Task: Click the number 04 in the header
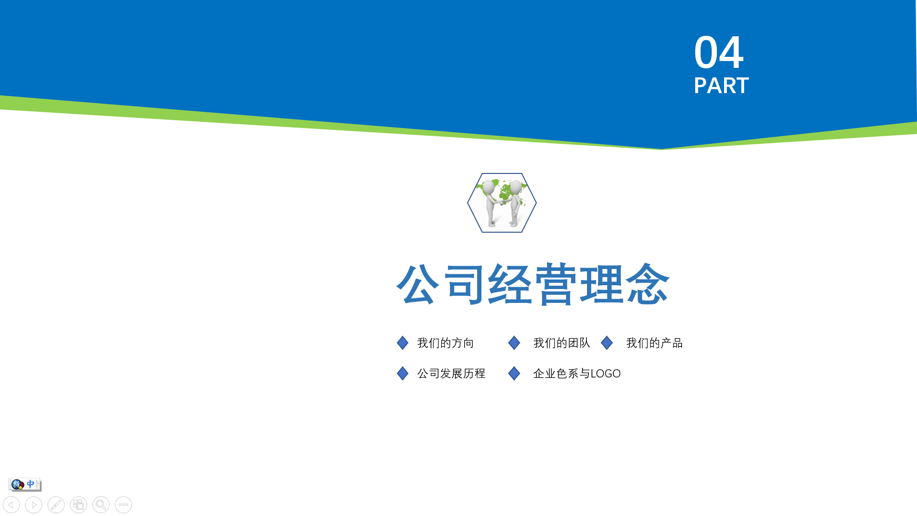tap(718, 52)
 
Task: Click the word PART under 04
tap(721, 86)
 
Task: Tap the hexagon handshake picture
tap(502, 203)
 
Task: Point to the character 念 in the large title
tap(648, 284)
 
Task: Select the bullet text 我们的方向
tap(445, 343)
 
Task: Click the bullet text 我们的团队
tap(562, 343)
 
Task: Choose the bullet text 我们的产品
tap(654, 343)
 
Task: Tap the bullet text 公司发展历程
tap(451, 374)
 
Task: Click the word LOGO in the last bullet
tap(606, 374)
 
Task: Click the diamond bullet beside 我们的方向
tap(403, 343)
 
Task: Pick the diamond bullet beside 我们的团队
tap(514, 343)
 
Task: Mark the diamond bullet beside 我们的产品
tap(607, 343)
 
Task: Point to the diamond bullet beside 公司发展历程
tap(403, 373)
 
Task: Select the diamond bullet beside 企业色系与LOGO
tap(514, 373)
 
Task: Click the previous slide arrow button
tap(11, 505)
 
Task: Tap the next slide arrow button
tap(33, 505)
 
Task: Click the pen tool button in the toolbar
tap(56, 505)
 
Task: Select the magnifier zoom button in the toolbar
tap(101, 505)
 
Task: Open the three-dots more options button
tap(123, 505)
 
